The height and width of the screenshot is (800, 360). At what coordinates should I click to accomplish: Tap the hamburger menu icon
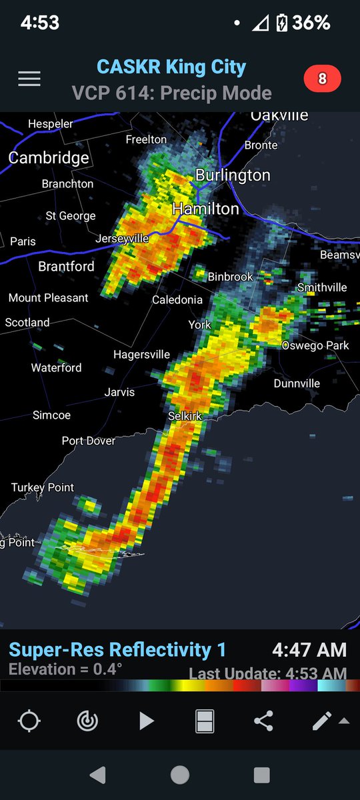[x=29, y=79]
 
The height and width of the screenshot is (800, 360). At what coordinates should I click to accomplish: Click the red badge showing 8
[x=322, y=79]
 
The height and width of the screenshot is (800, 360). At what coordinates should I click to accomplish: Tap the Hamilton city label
[x=205, y=209]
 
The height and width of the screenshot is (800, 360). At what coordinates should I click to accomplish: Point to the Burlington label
[x=233, y=175]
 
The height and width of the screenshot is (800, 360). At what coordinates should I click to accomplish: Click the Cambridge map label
[x=49, y=158]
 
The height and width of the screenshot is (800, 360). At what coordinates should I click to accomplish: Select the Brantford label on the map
[x=66, y=267]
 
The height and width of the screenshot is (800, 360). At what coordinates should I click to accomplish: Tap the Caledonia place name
[x=177, y=300]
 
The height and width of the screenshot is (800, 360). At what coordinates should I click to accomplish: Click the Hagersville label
[x=141, y=355]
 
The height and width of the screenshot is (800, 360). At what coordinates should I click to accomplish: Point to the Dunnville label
[x=297, y=383]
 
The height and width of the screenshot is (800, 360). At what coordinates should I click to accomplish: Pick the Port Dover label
[x=89, y=441]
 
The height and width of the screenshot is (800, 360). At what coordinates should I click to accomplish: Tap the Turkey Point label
[x=43, y=487]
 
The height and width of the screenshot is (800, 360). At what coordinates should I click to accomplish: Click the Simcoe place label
[x=51, y=415]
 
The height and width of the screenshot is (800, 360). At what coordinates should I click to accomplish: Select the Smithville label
[x=322, y=287]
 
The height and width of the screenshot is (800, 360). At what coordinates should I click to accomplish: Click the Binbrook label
[x=231, y=276]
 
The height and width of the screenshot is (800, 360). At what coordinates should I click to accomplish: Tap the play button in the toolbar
[x=146, y=721]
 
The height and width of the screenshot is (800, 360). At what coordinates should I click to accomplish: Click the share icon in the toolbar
[x=263, y=721]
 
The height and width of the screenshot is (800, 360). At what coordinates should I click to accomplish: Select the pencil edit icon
[x=322, y=721]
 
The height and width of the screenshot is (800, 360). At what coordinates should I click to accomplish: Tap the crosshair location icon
[x=29, y=721]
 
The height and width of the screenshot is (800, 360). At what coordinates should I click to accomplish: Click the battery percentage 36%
[x=311, y=23]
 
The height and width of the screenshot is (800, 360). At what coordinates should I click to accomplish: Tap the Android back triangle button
[x=98, y=775]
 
